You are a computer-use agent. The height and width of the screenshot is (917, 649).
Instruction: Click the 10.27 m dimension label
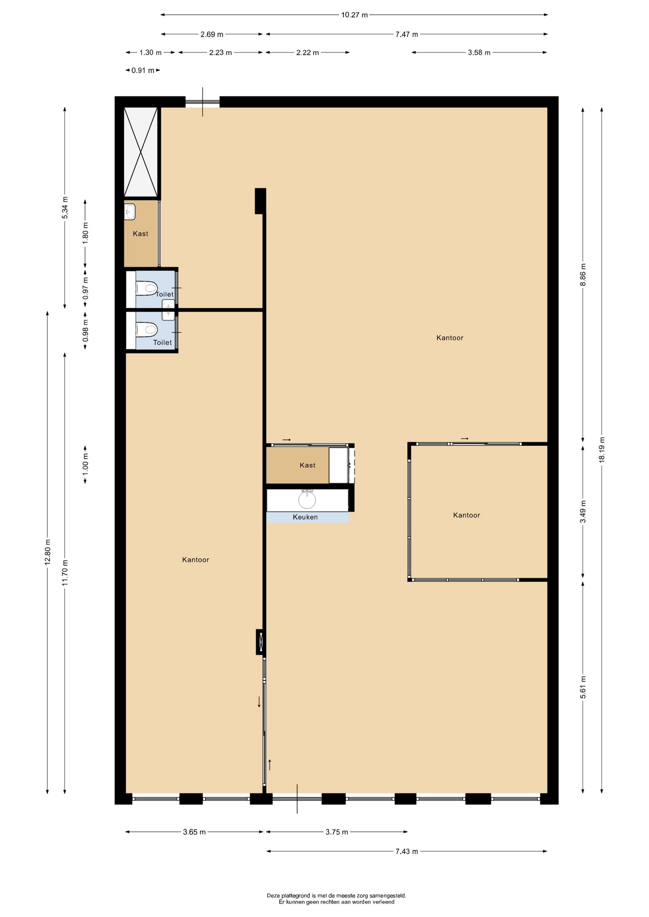tap(354, 15)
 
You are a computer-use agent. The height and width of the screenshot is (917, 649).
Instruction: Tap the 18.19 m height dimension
tap(602, 449)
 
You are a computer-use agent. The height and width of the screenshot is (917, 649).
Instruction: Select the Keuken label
tap(305, 517)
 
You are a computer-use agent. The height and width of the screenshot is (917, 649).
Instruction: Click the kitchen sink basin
tap(307, 500)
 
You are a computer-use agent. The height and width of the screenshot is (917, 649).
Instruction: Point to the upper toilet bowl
tap(147, 288)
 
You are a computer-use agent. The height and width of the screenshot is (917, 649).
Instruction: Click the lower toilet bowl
tap(147, 330)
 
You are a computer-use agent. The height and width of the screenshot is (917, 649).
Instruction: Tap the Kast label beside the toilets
tap(141, 234)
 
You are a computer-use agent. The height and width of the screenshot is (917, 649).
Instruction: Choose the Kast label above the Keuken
tap(308, 465)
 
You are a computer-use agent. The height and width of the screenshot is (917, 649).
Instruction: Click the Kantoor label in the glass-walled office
tap(466, 515)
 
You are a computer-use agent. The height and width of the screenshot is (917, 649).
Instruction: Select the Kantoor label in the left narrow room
tap(195, 560)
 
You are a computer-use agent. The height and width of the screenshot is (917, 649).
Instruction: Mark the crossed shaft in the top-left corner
tap(141, 152)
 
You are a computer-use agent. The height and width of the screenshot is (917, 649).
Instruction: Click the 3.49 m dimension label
tap(583, 512)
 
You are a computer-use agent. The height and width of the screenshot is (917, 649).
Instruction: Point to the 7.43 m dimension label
tap(407, 851)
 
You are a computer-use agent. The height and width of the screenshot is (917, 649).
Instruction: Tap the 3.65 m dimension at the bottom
tap(195, 832)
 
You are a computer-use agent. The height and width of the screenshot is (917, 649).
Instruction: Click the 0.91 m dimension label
tap(143, 70)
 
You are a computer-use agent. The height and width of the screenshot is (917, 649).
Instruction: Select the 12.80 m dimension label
tap(47, 552)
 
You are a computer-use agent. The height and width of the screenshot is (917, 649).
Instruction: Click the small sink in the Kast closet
tap(130, 212)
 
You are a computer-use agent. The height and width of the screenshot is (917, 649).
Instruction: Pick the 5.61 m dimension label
tap(583, 687)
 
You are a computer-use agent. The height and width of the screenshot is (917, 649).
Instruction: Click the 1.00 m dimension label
tap(85, 465)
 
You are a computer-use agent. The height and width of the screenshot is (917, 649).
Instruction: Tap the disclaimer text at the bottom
tap(336, 899)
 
